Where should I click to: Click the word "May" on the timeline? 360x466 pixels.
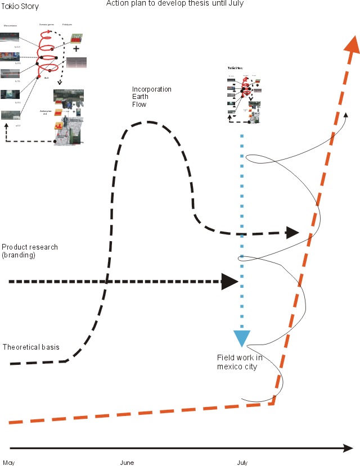8,463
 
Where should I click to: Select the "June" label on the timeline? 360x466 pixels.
127,463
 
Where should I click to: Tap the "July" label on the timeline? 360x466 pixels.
242,463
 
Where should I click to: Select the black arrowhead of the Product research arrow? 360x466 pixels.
229,282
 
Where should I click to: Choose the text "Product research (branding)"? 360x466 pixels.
30,251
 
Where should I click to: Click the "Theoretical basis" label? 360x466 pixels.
30,347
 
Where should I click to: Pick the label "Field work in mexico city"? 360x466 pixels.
237,362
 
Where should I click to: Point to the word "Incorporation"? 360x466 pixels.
152,89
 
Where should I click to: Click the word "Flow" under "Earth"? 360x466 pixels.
139,105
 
